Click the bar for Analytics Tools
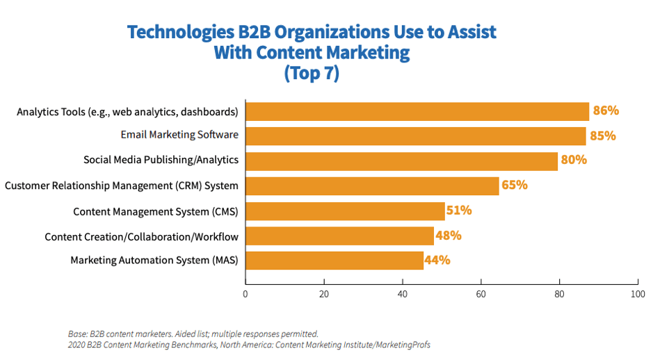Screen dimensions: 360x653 click(417, 111)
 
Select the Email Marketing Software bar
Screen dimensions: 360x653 click(416, 136)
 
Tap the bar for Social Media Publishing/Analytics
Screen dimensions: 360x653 click(401, 161)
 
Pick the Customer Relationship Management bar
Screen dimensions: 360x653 click(372, 186)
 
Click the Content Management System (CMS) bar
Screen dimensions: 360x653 click(345, 211)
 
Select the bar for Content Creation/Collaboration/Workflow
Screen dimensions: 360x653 click(339, 236)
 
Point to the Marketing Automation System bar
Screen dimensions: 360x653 click(334, 261)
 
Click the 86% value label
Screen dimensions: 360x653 click(606, 111)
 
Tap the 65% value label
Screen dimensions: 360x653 click(515, 185)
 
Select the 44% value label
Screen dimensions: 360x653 click(438, 261)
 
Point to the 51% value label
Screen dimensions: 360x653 click(460, 210)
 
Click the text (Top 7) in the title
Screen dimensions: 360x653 click(312, 73)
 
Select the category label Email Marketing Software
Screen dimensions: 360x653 click(179, 136)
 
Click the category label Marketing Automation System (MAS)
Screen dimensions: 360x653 click(154, 260)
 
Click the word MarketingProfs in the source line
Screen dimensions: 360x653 click(397, 345)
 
